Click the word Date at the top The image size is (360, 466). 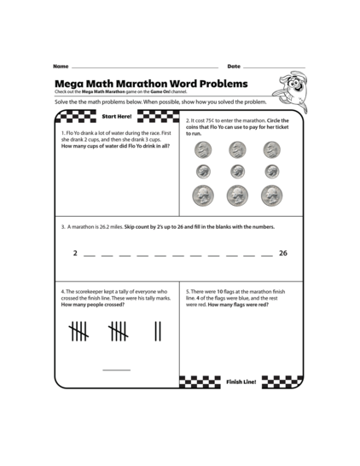(x=234, y=67)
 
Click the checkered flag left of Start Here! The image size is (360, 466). (x=73, y=115)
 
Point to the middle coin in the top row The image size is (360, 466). (x=236, y=150)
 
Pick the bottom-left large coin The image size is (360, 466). (x=202, y=195)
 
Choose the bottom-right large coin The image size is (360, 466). (x=271, y=195)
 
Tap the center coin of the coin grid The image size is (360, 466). (x=236, y=171)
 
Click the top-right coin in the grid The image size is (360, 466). (x=271, y=150)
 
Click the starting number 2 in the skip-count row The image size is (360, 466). (x=75, y=253)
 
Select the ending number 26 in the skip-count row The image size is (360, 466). (x=283, y=253)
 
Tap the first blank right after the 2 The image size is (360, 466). (x=90, y=255)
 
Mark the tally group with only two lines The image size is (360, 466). (x=158, y=329)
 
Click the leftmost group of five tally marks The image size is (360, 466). (x=78, y=329)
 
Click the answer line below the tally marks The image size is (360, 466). (x=117, y=369)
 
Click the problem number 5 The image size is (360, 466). (x=188, y=291)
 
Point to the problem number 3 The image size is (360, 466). (x=63, y=227)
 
